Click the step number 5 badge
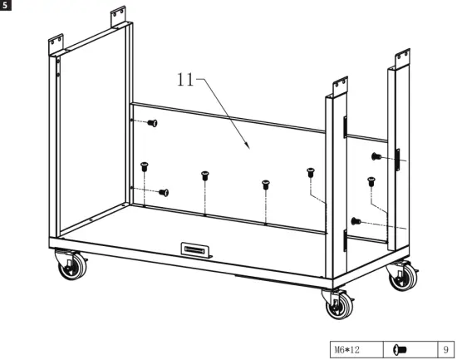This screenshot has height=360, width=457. click(5, 5)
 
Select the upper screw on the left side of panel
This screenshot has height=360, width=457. click(153, 123)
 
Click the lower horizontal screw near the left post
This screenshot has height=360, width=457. click(164, 192)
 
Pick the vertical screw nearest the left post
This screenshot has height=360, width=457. click(145, 165)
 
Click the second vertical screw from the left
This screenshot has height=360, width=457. click(204, 175)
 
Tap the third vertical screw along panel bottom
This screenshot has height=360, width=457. click(265, 185)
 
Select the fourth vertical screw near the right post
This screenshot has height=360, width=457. click(311, 171)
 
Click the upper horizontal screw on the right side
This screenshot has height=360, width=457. click(376, 156)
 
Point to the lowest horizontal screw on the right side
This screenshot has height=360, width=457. click(356, 221)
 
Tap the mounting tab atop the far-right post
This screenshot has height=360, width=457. click(403, 56)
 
